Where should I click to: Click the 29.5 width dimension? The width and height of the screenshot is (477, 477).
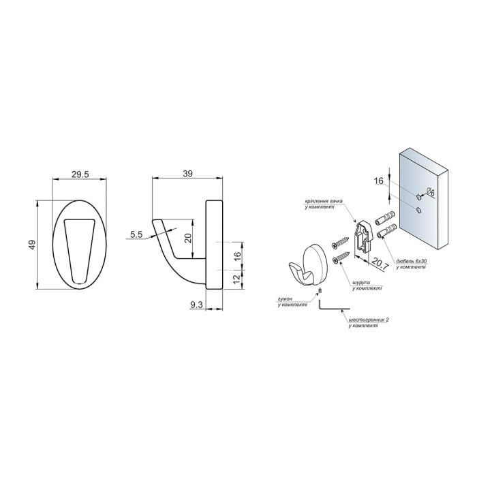(x=80, y=174)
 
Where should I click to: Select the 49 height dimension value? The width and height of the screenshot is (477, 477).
(x=32, y=245)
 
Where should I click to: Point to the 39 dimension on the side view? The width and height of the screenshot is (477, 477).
(x=188, y=173)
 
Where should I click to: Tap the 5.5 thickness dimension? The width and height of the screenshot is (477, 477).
(x=136, y=234)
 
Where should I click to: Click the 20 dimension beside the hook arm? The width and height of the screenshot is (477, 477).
(x=188, y=238)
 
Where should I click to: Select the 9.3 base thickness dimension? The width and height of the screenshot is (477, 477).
(x=196, y=305)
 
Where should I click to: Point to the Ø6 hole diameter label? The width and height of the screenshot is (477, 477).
(x=430, y=192)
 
